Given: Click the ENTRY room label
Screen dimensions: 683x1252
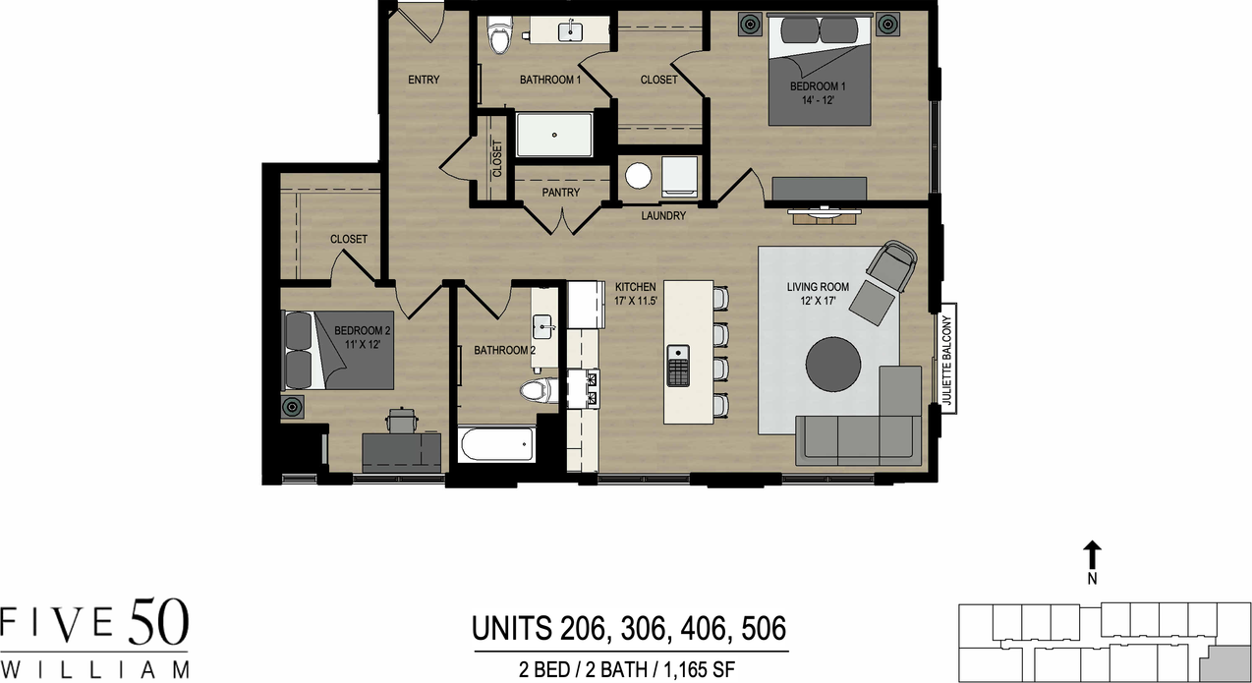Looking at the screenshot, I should click(424, 80).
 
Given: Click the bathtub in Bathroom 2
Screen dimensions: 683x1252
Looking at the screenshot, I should click(497, 447).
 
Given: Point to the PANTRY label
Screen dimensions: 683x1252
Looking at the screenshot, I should click(560, 193).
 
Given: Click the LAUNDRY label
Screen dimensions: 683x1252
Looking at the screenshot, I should click(663, 215).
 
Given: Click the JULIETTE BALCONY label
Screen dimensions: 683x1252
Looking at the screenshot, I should click(948, 360).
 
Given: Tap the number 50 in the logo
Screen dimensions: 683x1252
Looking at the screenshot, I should click(158, 625).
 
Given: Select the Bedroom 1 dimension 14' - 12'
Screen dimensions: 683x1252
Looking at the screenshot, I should click(818, 100).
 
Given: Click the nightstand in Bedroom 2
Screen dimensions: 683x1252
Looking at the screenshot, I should click(292, 406).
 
